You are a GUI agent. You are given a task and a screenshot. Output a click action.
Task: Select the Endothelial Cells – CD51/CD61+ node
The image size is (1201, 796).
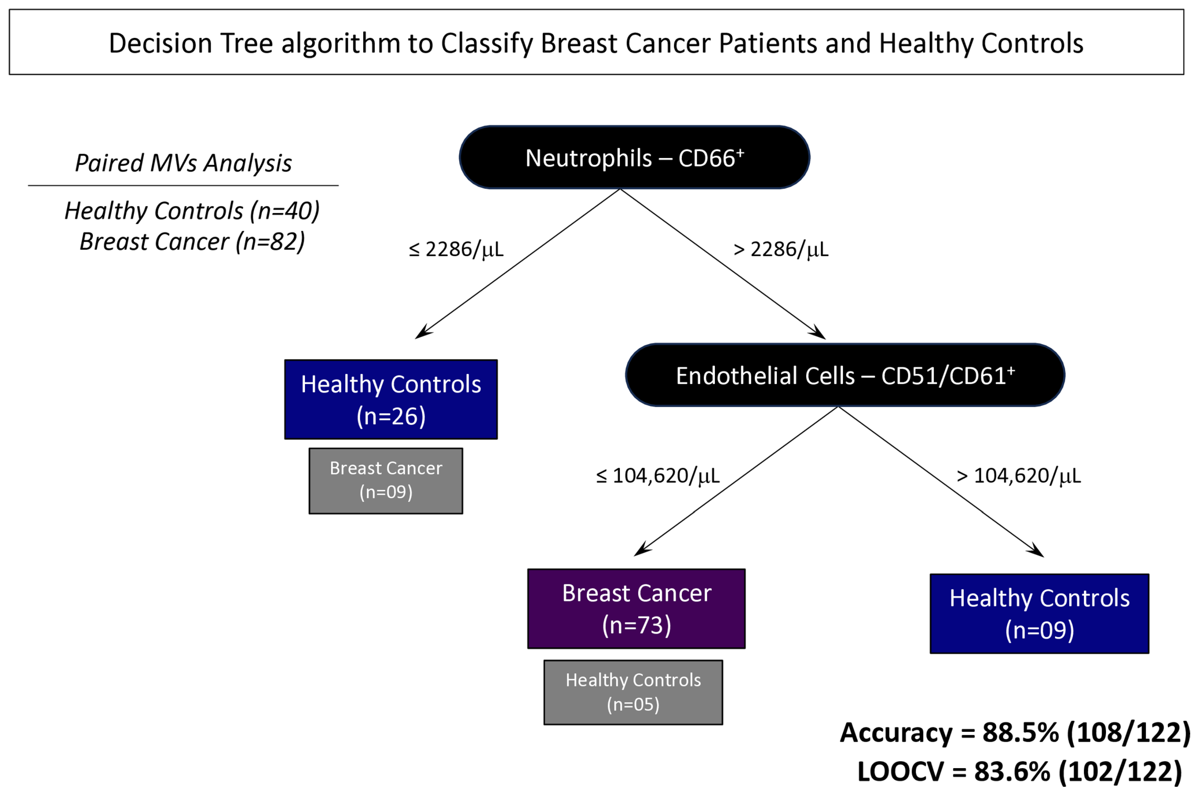coord(845,375)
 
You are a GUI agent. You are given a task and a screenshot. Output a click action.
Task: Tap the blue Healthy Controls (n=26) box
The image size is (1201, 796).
coord(390,399)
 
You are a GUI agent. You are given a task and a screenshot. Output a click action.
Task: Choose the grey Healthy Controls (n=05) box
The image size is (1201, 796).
coord(633,692)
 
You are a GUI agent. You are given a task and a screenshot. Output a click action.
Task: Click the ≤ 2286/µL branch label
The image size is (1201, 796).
coord(456,249)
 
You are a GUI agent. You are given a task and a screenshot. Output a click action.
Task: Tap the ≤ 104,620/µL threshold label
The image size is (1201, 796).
coord(658,476)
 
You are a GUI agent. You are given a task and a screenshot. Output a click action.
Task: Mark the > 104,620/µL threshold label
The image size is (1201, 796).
coord(1019,476)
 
